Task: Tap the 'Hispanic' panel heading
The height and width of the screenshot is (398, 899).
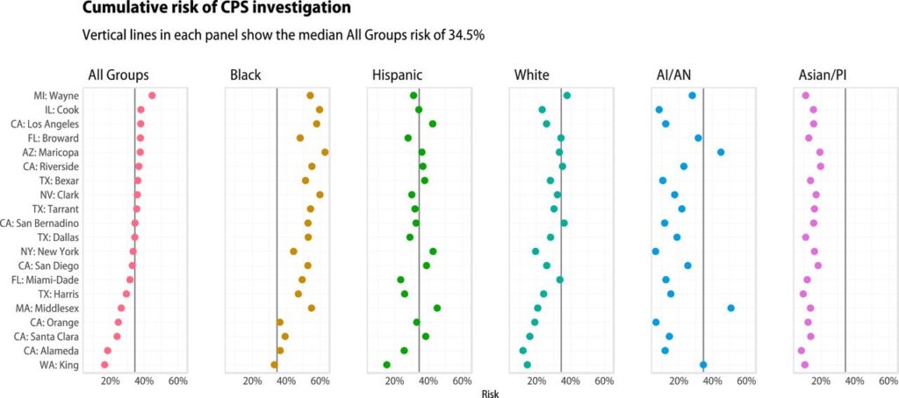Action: point(398,75)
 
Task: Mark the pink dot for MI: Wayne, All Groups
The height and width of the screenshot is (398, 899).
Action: point(152,96)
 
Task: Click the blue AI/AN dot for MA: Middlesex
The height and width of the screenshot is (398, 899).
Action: point(730,308)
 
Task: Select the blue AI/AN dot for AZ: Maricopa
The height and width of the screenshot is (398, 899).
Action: point(721,153)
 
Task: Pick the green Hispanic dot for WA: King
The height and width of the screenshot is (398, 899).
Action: point(386,365)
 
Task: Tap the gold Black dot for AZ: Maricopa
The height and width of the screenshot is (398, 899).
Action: point(325,153)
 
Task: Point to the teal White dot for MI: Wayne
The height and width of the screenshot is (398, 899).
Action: point(567,96)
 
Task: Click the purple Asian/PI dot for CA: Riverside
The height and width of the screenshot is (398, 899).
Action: point(821,167)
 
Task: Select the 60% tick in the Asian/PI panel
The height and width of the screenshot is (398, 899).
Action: point(888,381)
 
